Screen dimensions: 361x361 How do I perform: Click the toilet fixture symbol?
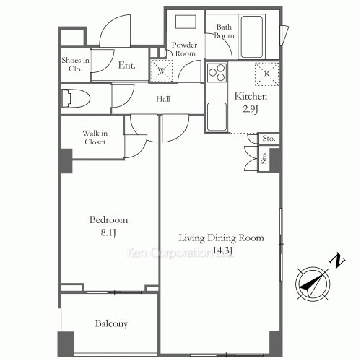click(76, 98)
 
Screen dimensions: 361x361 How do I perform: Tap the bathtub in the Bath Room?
click(252, 37)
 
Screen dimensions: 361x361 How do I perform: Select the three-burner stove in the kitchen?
click(217, 72)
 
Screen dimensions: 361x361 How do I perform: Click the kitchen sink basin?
click(217, 117)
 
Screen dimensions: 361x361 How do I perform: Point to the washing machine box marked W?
click(162, 71)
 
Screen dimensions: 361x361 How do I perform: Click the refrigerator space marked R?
click(266, 74)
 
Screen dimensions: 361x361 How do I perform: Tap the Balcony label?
click(111, 323)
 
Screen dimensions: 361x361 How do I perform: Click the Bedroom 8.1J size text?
click(108, 232)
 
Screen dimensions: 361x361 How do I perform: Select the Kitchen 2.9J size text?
click(251, 109)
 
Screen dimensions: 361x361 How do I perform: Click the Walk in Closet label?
click(95, 137)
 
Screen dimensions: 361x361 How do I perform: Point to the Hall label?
click(163, 99)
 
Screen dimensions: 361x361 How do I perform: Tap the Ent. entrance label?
click(126, 65)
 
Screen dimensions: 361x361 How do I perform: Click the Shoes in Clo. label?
click(75, 64)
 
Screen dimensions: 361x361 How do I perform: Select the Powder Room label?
click(184, 49)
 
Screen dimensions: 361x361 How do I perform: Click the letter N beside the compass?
click(338, 261)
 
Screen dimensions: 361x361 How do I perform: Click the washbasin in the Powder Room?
click(186, 22)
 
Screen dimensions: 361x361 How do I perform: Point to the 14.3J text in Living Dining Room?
click(222, 251)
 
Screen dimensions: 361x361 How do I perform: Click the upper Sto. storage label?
click(269, 139)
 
